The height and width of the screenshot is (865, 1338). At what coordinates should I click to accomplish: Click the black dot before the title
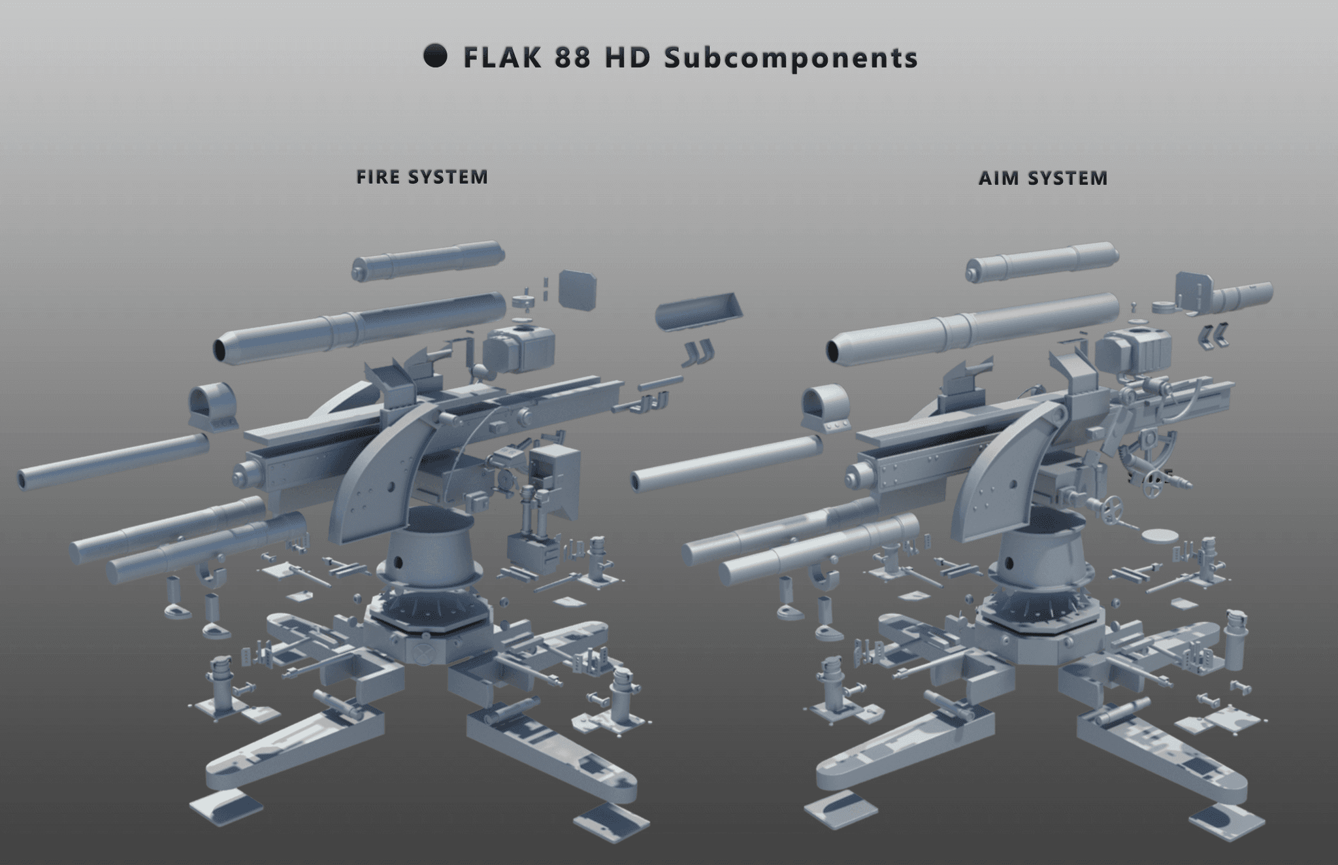click(435, 56)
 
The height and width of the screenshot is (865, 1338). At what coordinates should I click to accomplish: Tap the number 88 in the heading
click(572, 58)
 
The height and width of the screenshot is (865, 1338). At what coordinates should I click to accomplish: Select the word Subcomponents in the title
click(791, 58)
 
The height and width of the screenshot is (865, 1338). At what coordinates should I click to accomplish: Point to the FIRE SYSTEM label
click(422, 177)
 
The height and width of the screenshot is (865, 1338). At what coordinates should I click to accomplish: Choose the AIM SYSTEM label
click(1043, 178)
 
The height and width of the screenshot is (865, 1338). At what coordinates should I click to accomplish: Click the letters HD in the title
click(627, 58)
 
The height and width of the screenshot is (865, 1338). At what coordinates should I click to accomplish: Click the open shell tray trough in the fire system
click(698, 314)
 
